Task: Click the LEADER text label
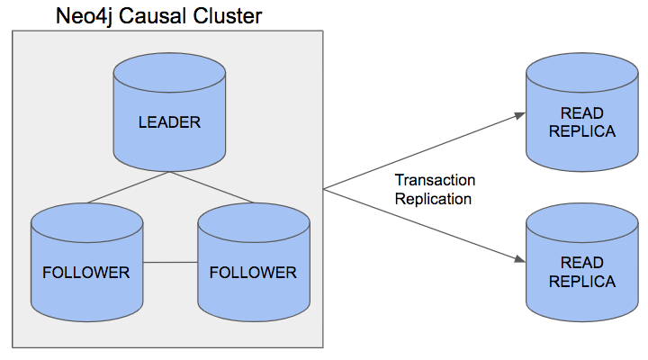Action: (169, 121)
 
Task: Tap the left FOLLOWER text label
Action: (85, 272)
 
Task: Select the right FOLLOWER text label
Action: (253, 272)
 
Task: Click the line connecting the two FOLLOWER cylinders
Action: (170, 263)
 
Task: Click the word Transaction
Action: (435, 181)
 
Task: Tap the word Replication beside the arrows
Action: (433, 199)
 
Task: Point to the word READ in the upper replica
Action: (581, 114)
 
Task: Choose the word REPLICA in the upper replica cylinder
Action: (581, 131)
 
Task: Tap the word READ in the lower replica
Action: (581, 264)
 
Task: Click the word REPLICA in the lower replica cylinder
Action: (581, 282)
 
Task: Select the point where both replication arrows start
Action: (325, 189)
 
